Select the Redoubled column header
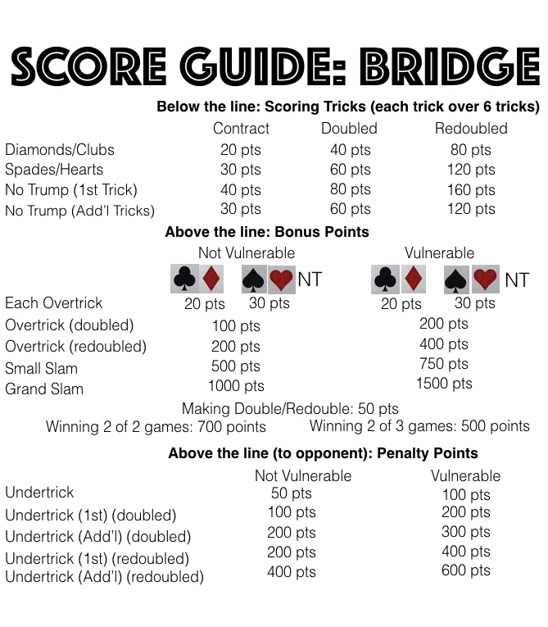click(471, 129)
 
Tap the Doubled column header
click(349, 129)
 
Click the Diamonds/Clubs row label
click(60, 150)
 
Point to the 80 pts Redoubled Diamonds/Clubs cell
click(471, 150)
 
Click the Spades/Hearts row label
click(54, 170)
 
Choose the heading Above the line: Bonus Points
click(267, 232)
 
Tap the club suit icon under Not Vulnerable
click(184, 279)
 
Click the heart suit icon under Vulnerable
click(486, 279)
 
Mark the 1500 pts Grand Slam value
click(444, 383)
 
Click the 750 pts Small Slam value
click(444, 364)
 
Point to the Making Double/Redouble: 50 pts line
click(290, 408)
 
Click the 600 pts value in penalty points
click(465, 570)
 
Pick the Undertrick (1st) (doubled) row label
click(91, 516)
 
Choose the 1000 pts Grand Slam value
click(236, 385)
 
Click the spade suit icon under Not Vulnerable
click(255, 279)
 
